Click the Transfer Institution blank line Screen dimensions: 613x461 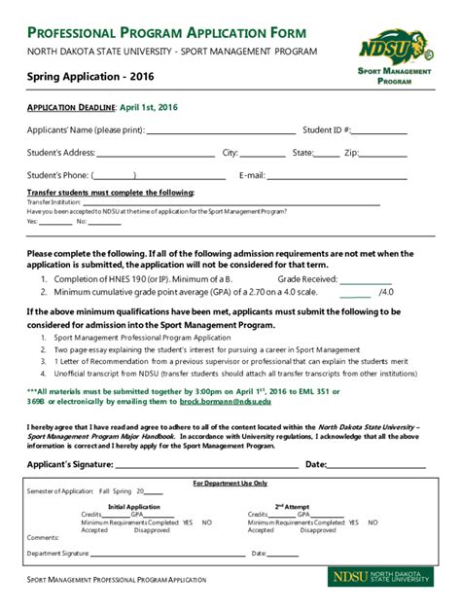pyautogui.click(x=137, y=203)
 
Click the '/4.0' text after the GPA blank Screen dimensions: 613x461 pyautogui.click(x=386, y=292)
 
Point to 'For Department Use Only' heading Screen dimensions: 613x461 pyautogui.click(x=230, y=483)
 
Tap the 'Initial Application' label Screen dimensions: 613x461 pyautogui.click(x=134, y=506)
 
